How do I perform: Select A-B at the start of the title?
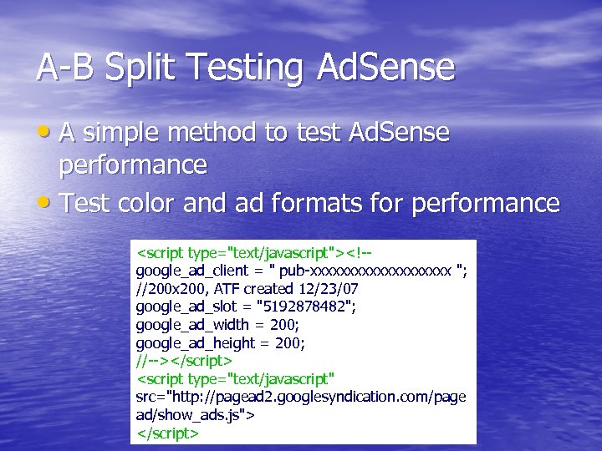click(x=59, y=68)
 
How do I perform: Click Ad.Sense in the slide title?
click(x=385, y=68)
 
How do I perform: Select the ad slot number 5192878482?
click(x=305, y=307)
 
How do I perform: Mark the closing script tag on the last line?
click(x=167, y=433)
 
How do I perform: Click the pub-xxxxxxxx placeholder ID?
click(x=367, y=271)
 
